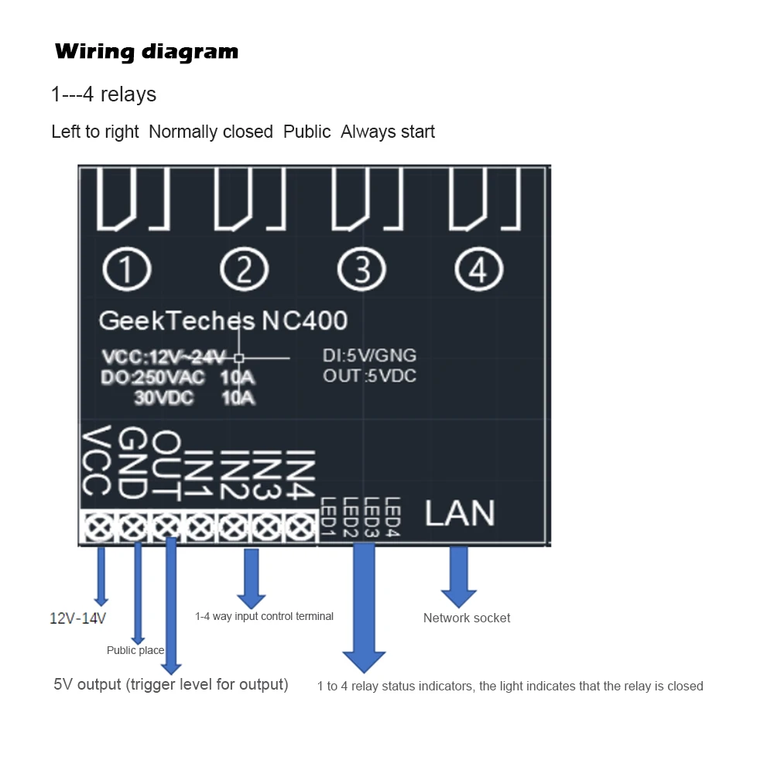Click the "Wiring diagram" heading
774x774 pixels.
pyautogui.click(x=146, y=52)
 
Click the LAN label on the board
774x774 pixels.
pyautogui.click(x=460, y=513)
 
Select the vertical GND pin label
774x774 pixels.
pyautogui.click(x=132, y=462)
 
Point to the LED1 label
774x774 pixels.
pyautogui.click(x=327, y=517)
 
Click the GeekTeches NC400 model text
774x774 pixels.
pyautogui.click(x=224, y=320)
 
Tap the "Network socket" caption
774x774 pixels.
pyautogui.click(x=467, y=618)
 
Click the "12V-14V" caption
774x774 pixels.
pyautogui.click(x=78, y=618)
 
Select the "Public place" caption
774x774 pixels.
pyautogui.click(x=135, y=650)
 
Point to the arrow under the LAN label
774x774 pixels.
pyautogui.click(x=459, y=576)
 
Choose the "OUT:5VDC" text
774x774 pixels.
pyautogui.click(x=369, y=376)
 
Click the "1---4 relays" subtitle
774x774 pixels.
pyautogui.click(x=104, y=94)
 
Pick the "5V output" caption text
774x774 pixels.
pyautogui.click(x=170, y=684)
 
